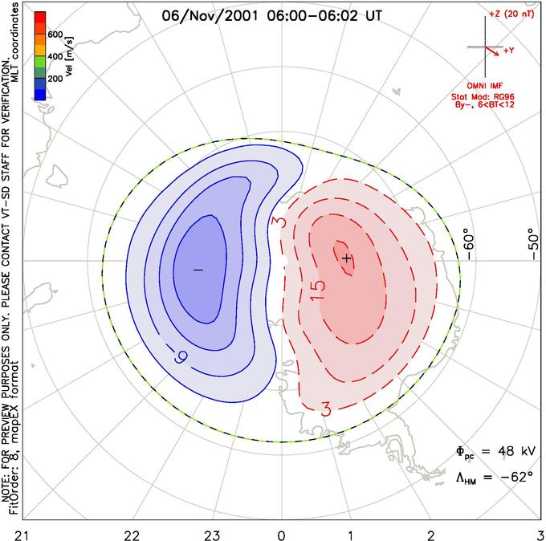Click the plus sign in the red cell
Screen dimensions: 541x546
pos(346,258)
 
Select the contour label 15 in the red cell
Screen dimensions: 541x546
pos(317,286)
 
